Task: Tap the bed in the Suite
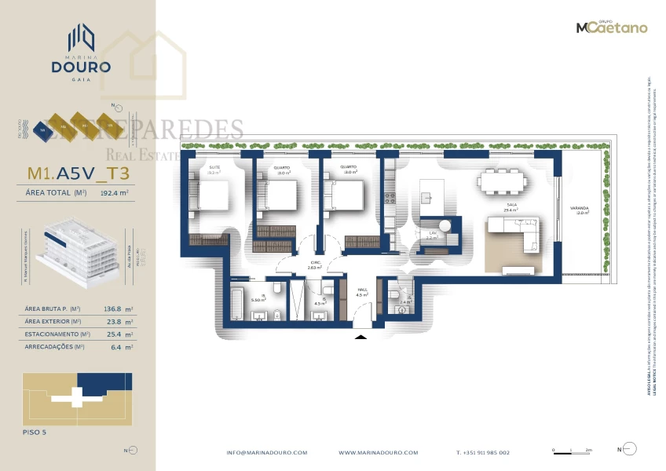213,193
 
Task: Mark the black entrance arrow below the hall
360,337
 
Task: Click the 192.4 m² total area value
115,192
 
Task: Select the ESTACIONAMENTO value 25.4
116,334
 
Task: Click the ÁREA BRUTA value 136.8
116,309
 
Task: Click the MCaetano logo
612,27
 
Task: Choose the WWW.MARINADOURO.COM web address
379,453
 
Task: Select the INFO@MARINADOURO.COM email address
267,453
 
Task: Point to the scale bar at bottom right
573,451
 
